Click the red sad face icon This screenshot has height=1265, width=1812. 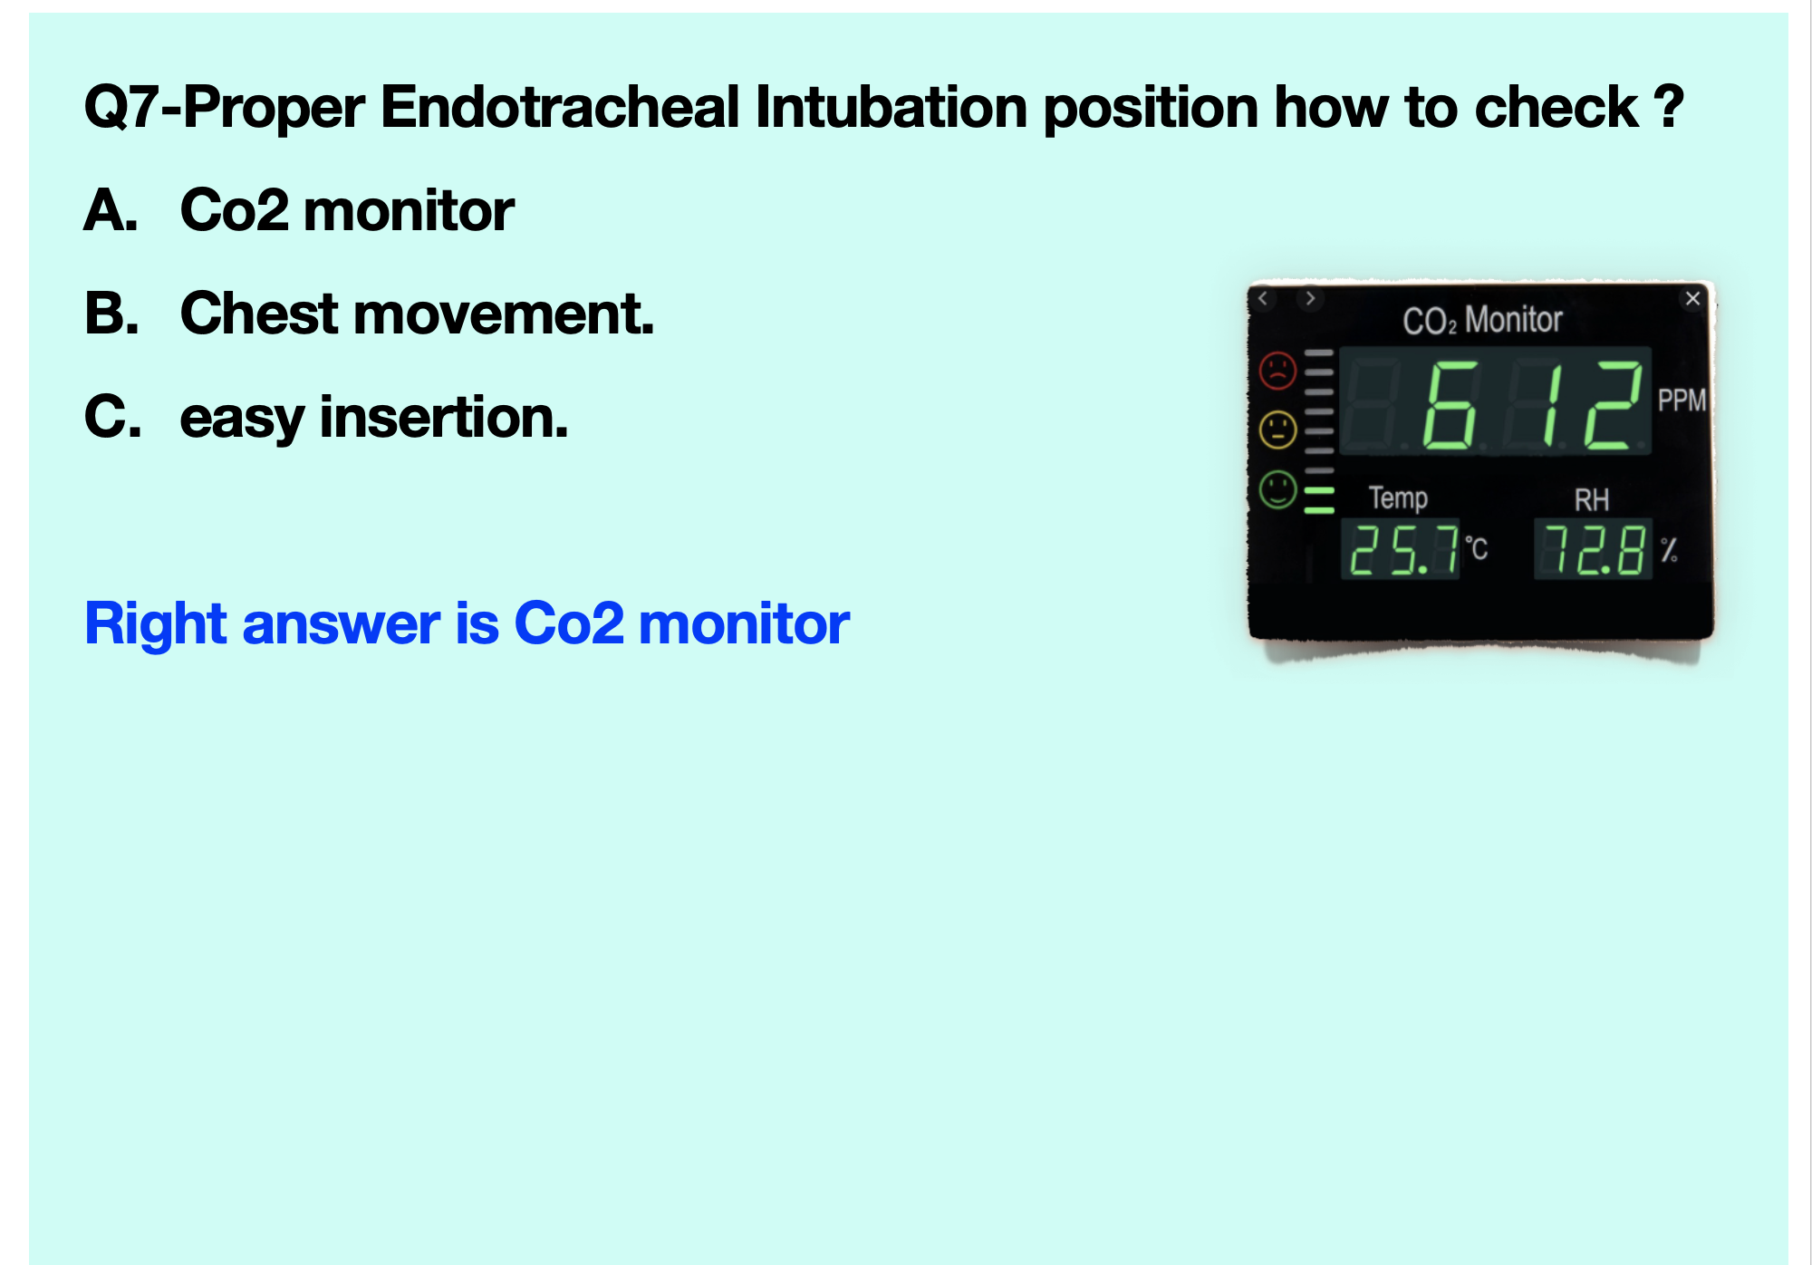[x=1278, y=371]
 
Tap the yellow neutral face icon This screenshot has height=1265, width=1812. [x=1278, y=430]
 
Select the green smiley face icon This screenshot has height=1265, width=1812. [x=1278, y=490]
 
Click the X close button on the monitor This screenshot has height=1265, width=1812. [x=1692, y=299]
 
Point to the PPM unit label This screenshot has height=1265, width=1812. [x=1682, y=400]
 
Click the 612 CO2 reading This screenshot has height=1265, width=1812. [x=1532, y=404]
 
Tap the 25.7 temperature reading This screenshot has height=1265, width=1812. [x=1403, y=550]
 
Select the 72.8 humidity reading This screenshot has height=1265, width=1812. [x=1595, y=550]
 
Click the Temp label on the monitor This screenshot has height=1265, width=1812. [x=1398, y=498]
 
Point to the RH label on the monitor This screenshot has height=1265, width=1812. [x=1592, y=500]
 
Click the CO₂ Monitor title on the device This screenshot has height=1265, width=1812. [x=1482, y=320]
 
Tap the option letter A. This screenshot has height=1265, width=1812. [x=111, y=211]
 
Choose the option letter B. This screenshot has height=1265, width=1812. [x=111, y=314]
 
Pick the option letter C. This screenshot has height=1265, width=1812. [x=112, y=418]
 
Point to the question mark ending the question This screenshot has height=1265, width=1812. [x=1667, y=107]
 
